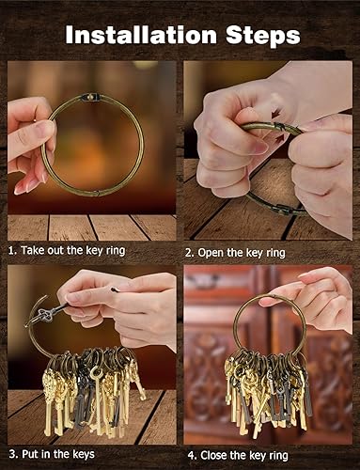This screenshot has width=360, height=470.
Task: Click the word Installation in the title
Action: pyautogui.click(x=140, y=36)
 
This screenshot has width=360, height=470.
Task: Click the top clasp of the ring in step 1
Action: pyautogui.click(x=92, y=96)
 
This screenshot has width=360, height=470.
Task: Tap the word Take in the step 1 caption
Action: pyautogui.click(x=39, y=252)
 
